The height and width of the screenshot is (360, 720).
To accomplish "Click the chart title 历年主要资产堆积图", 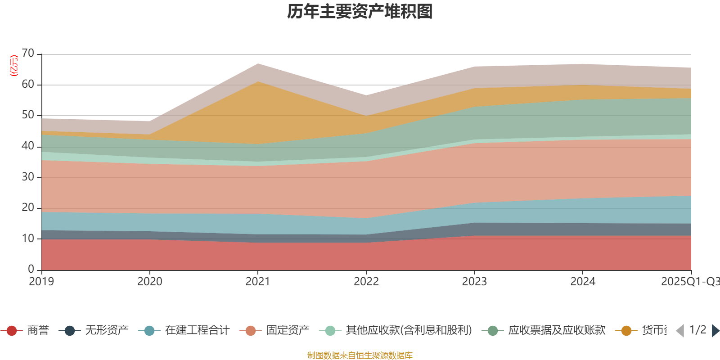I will [x=360, y=12].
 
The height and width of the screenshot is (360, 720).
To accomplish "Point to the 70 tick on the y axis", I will [x=28, y=54].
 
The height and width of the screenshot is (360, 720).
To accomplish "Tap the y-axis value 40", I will [x=28, y=146].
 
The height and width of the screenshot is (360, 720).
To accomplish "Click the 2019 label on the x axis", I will [x=41, y=282].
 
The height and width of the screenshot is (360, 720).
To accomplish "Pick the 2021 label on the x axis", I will [x=258, y=282].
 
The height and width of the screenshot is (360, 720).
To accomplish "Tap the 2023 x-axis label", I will [x=474, y=282].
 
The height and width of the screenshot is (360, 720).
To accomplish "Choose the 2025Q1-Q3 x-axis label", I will [x=689, y=282].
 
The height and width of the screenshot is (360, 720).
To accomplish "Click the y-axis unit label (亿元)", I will [x=14, y=66].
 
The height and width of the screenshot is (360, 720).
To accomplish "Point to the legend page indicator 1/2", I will [x=697, y=330].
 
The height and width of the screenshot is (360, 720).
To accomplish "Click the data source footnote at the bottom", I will [x=360, y=355].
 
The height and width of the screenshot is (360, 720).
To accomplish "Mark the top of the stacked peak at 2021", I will [x=258, y=63].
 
